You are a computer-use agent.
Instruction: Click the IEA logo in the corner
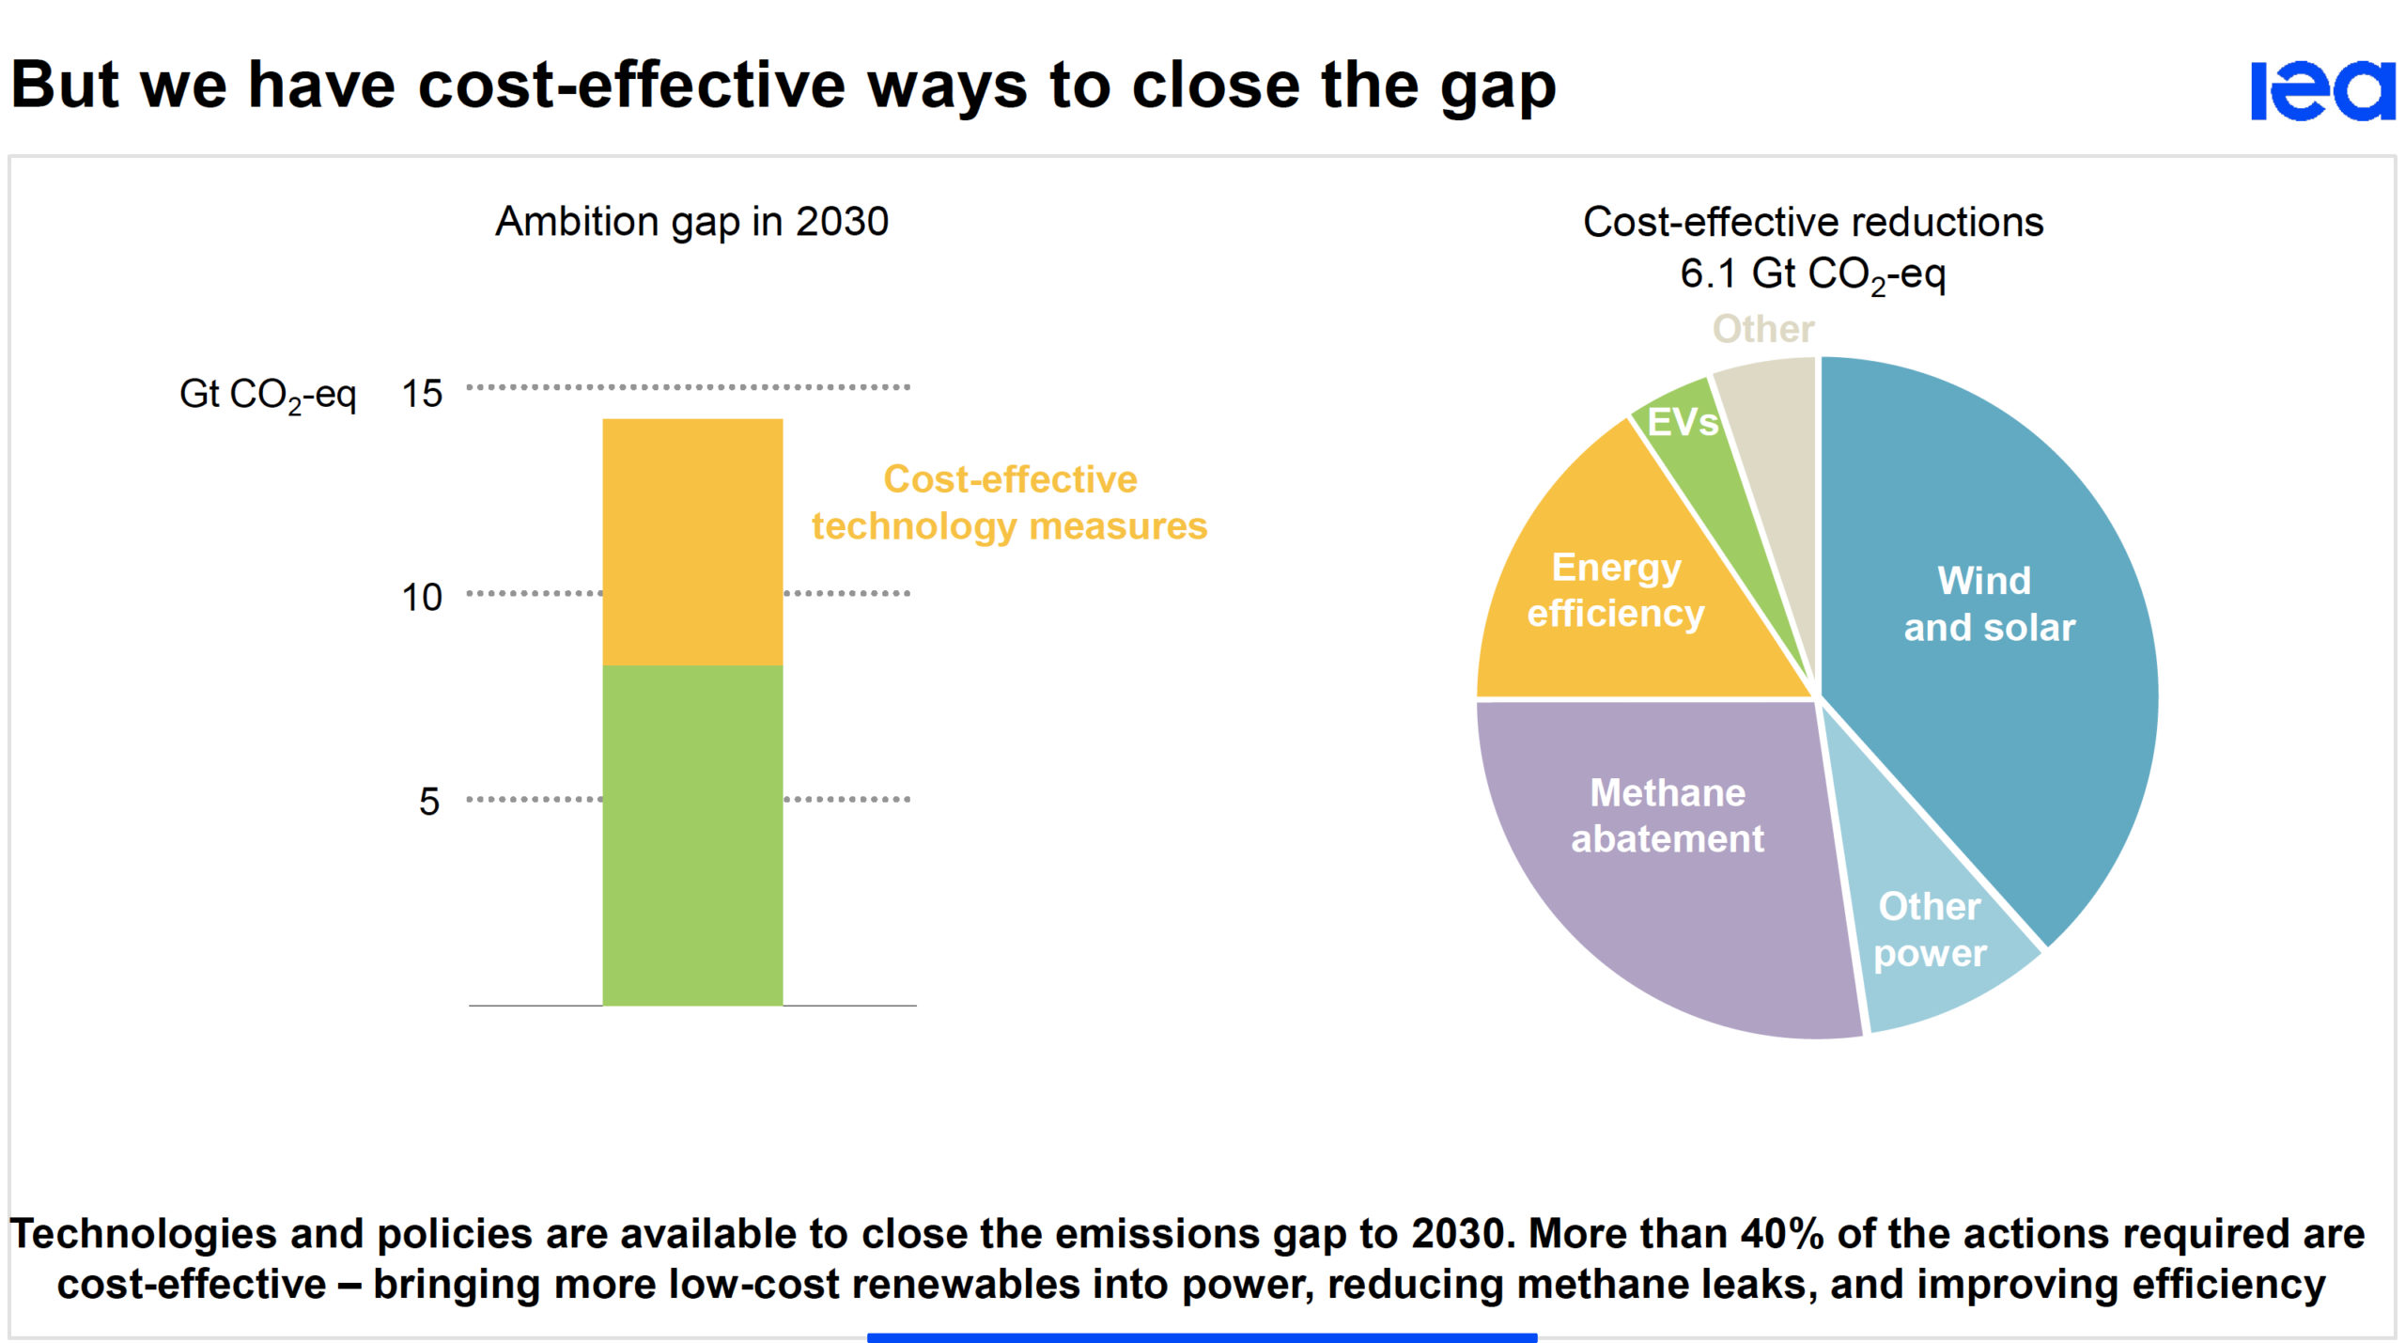2322,90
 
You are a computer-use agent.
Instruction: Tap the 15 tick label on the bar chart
422,393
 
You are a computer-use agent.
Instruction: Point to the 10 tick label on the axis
422,597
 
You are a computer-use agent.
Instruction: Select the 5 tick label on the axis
428,801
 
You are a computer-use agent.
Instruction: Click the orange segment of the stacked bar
692,541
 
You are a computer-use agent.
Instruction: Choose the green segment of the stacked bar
692,835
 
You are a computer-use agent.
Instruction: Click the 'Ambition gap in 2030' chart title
691,222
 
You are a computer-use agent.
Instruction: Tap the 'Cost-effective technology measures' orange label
1009,503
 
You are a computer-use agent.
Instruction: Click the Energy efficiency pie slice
1616,592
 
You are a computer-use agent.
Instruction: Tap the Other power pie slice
1931,930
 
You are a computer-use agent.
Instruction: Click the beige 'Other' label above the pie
1763,329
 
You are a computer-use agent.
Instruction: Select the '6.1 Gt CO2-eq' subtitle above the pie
1812,274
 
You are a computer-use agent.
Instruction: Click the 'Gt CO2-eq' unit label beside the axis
268,395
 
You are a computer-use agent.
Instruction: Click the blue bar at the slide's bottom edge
1202,1337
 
